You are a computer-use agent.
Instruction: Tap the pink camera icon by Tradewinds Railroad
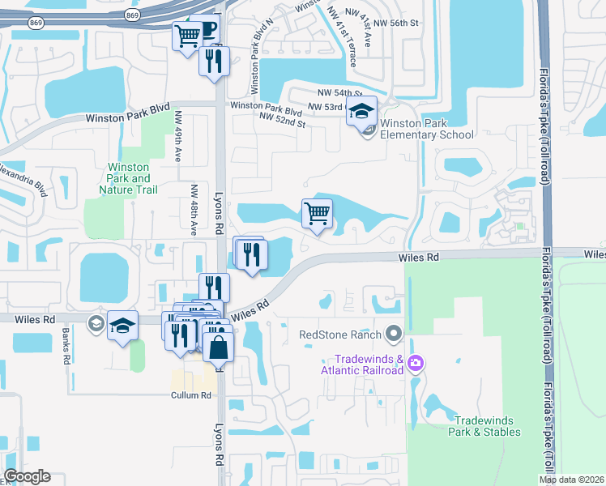click(x=416, y=361)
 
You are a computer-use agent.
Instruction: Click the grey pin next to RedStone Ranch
click(x=395, y=333)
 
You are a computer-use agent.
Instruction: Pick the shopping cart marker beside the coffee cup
click(x=187, y=36)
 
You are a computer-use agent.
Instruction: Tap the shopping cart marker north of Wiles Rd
click(x=317, y=215)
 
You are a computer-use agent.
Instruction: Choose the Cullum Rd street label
click(x=191, y=395)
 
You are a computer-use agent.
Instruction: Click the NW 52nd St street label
click(x=282, y=122)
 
